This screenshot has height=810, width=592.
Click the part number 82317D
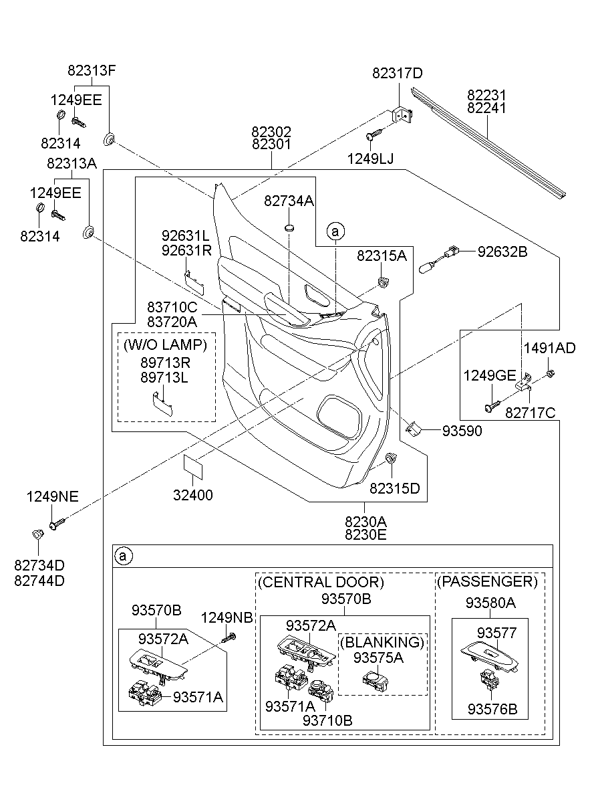398,74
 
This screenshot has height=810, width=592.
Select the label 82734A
288,201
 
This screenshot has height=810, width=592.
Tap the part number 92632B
502,252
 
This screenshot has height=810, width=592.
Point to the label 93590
462,432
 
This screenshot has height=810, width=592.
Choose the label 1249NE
53,496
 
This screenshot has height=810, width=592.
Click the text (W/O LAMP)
166,345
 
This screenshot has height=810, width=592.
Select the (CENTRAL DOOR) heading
321,582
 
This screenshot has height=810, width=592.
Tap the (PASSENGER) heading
487,581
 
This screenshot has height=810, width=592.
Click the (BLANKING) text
382,643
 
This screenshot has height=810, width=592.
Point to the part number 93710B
327,720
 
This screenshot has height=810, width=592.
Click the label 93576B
492,709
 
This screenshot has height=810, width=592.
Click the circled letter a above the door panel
335,231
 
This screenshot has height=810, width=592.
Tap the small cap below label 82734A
289,229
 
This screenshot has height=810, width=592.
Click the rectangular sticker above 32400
192,466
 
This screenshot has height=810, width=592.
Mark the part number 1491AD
549,348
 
